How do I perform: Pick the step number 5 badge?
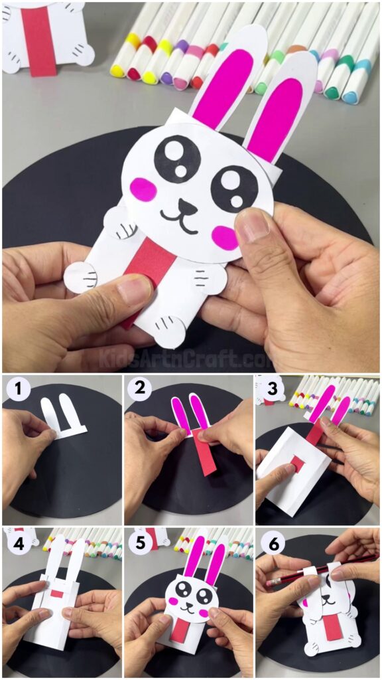coord(139,543)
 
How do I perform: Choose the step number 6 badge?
coord(270,543)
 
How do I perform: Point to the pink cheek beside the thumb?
coord(225,237)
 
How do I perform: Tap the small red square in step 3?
coord(300,464)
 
